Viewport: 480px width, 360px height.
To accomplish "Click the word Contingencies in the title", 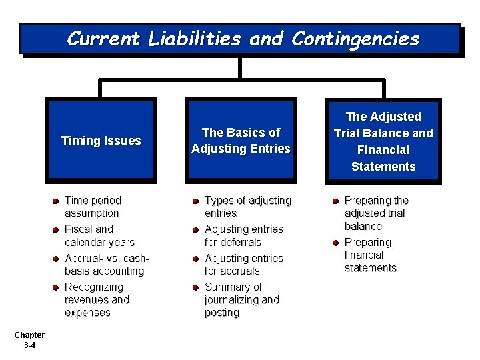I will pyautogui.click(x=355, y=39).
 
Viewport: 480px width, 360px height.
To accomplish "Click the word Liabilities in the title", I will pyautogui.click(x=195, y=39).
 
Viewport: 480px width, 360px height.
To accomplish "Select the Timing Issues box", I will pyautogui.click(x=101, y=141).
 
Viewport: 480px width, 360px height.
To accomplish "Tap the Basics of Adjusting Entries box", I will pyautogui.click(x=241, y=141).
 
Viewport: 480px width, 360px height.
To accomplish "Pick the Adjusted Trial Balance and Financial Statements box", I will pyautogui.click(x=383, y=141).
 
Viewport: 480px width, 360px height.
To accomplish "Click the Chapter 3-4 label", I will pyautogui.click(x=29, y=340).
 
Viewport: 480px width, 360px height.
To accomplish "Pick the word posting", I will pyautogui.click(x=222, y=313).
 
